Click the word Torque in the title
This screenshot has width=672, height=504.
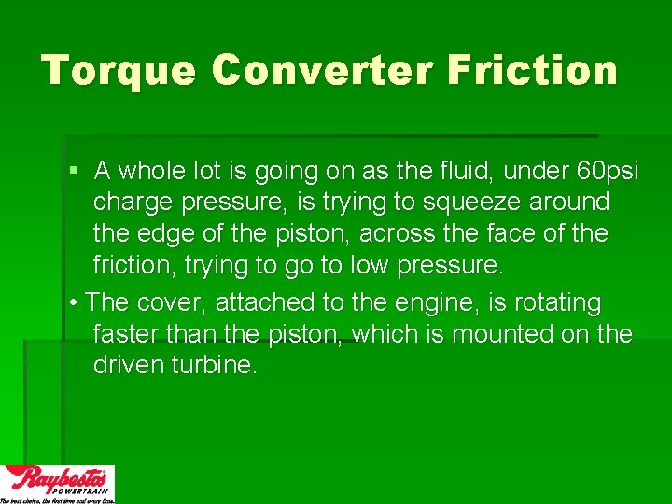coord(119,71)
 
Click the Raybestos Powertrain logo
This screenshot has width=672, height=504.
coord(57,483)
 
